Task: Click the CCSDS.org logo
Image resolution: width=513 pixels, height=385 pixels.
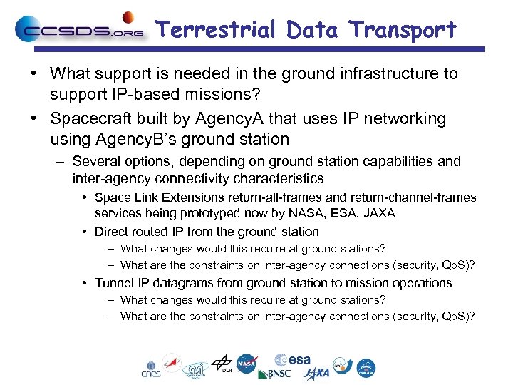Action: click(x=78, y=30)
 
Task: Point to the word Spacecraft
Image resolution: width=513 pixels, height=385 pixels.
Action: click(x=92, y=118)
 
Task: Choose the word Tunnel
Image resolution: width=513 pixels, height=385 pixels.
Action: click(x=113, y=283)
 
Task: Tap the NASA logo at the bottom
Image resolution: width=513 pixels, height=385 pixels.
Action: click(x=247, y=364)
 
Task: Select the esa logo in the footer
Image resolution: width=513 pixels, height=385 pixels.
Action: click(x=291, y=359)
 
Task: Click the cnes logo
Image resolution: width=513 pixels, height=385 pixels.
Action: click(x=150, y=366)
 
